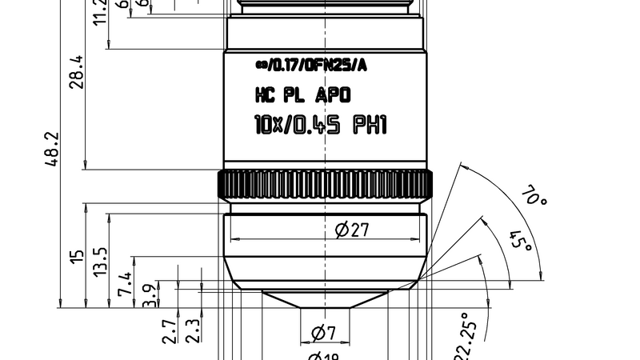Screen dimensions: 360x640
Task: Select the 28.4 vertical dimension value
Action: pyautogui.click(x=77, y=72)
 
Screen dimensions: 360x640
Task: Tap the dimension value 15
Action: pyautogui.click(x=77, y=256)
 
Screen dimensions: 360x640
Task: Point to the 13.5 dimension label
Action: pyautogui.click(x=100, y=260)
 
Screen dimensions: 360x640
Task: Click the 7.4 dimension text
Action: pyautogui.click(x=125, y=284)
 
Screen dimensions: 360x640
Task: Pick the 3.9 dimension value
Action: pyautogui.click(x=149, y=294)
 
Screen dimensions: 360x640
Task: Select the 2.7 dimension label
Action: pyautogui.click(x=169, y=330)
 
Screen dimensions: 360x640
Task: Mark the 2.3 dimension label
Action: pyautogui.click(x=192, y=330)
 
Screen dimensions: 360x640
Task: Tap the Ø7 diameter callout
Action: pyautogui.click(x=323, y=332)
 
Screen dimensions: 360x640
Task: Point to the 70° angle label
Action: pyautogui.click(x=534, y=197)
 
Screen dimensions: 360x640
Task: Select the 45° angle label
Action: pyautogui.click(x=520, y=240)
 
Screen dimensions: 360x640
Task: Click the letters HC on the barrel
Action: pyautogui.click(x=265, y=96)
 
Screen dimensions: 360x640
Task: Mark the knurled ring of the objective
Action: pyautogui.click(x=324, y=185)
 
